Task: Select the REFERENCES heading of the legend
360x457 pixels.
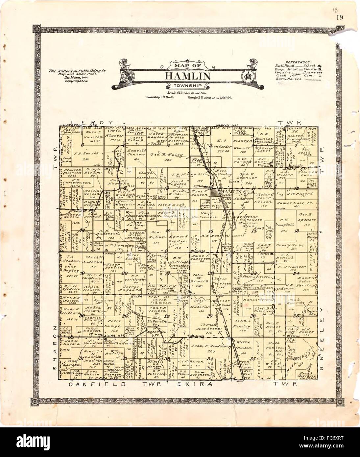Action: [298, 62]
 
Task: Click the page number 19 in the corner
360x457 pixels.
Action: [340, 18]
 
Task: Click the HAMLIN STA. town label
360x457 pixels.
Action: [233, 191]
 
